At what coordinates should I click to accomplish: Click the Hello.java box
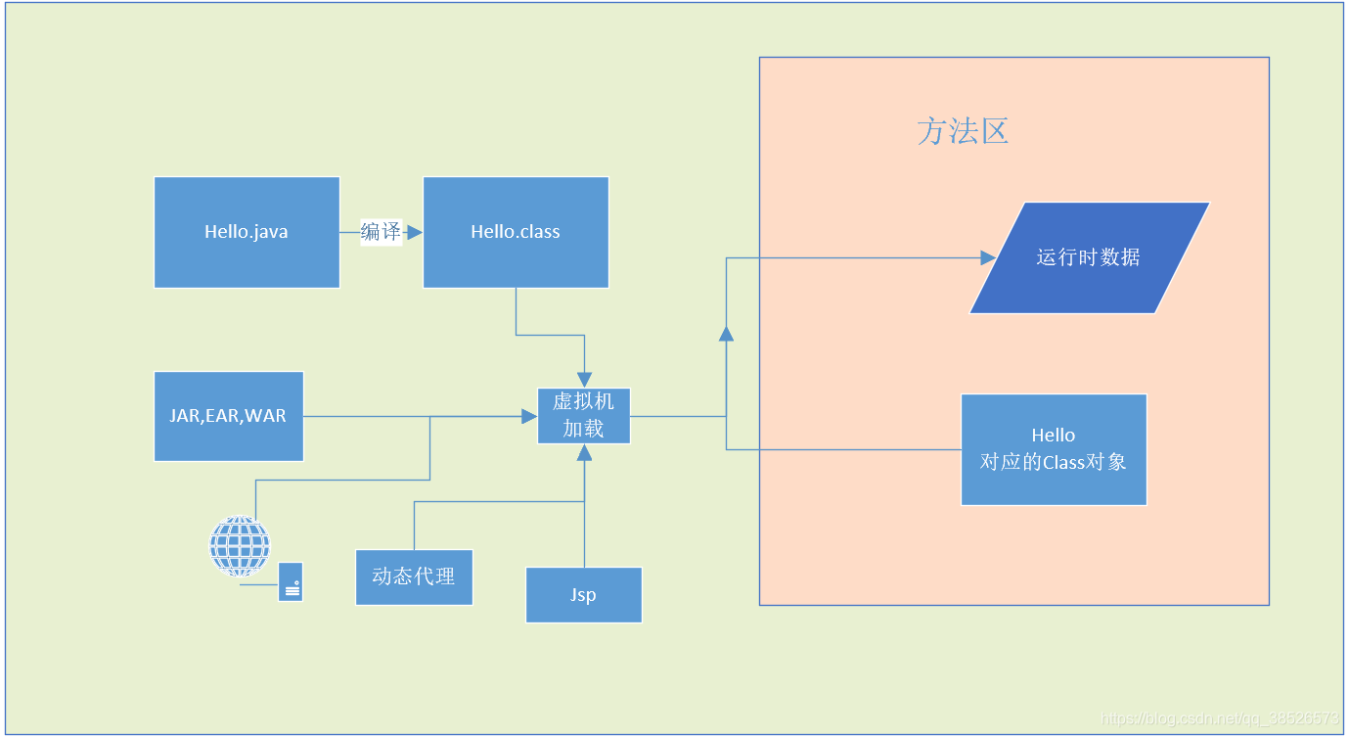pyautogui.click(x=247, y=232)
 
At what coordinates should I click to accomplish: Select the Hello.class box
pyautogui.click(x=516, y=232)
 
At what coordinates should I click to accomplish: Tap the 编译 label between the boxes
pyautogui.click(x=381, y=232)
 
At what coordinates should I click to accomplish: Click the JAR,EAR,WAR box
pyautogui.click(x=228, y=416)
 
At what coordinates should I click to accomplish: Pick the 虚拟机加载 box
pyautogui.click(x=584, y=416)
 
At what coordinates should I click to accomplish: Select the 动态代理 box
pyautogui.click(x=414, y=576)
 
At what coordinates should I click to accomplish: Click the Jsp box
pyautogui.click(x=584, y=595)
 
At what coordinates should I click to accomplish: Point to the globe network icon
pyautogui.click(x=240, y=546)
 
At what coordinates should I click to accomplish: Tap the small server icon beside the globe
pyautogui.click(x=291, y=581)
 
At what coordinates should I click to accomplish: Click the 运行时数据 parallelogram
pyautogui.click(x=1089, y=257)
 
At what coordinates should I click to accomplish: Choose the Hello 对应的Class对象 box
pyautogui.click(x=1054, y=449)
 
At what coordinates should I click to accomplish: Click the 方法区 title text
pyautogui.click(x=963, y=131)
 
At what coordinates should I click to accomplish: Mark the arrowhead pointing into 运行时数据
pyautogui.click(x=987, y=258)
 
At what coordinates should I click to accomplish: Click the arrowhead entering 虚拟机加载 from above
pyautogui.click(x=584, y=380)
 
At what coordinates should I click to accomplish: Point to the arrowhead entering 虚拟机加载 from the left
pyautogui.click(x=529, y=417)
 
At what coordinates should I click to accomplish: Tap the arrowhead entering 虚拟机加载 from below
pyautogui.click(x=584, y=452)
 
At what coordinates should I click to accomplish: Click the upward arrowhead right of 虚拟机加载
pyautogui.click(x=726, y=334)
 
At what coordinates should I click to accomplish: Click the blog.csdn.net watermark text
pyautogui.click(x=1219, y=719)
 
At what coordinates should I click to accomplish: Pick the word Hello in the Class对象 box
pyautogui.click(x=1054, y=436)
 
